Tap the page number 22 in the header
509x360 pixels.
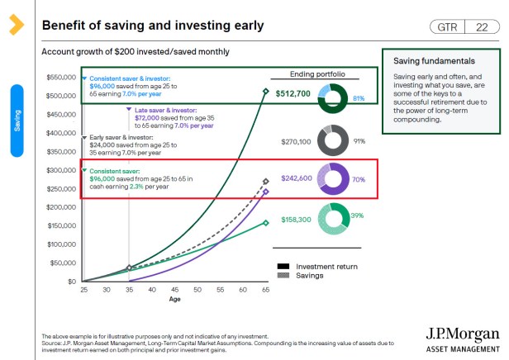[x=481, y=27]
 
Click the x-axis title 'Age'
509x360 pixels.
[x=174, y=300]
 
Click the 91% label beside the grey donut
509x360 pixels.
[x=359, y=141]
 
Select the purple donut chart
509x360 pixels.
[x=333, y=178]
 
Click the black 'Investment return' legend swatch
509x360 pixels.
[x=283, y=266]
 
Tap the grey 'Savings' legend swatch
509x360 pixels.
[x=283, y=275]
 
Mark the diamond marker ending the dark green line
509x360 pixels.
[x=265, y=92]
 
